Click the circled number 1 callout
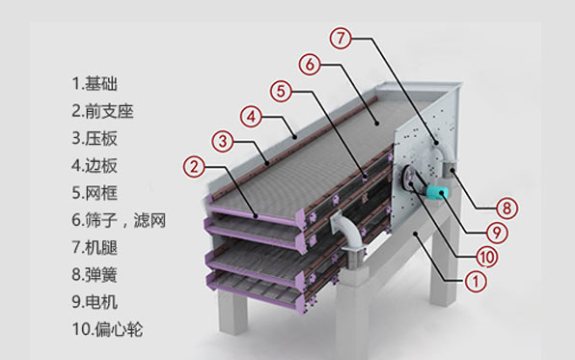tap(475, 281)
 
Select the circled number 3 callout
tap(222, 142)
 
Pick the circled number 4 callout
tap(251, 117)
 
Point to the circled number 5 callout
tap(280, 92)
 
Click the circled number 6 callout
tap(309, 65)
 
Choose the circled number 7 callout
tap(339, 40)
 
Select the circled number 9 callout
tap(497, 232)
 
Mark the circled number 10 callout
tap(487, 256)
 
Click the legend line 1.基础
tap(100, 84)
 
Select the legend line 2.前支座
tap(108, 111)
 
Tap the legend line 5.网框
tap(100, 193)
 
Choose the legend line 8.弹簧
tap(100, 275)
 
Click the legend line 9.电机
tap(100, 302)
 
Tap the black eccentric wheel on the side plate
tap(414, 180)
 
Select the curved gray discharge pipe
tap(342, 233)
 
